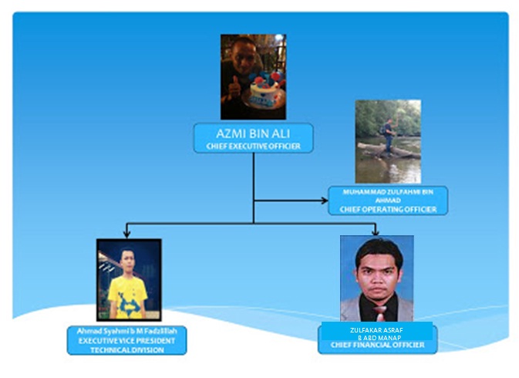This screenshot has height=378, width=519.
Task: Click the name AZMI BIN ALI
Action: pyautogui.click(x=253, y=132)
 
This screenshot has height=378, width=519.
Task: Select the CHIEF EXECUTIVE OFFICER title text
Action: pyautogui.click(x=253, y=145)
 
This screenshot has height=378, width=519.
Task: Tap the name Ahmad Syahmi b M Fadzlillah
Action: pyautogui.click(x=127, y=332)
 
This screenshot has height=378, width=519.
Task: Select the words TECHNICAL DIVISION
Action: pyautogui.click(x=127, y=349)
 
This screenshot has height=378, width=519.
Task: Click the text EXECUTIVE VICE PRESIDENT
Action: pyautogui.click(x=127, y=340)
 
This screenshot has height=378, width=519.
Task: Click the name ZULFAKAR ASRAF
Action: pyautogui.click(x=377, y=329)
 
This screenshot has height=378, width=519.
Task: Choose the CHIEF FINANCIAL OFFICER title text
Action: pyautogui.click(x=377, y=345)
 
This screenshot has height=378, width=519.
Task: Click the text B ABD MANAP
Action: pyautogui.click(x=377, y=337)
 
